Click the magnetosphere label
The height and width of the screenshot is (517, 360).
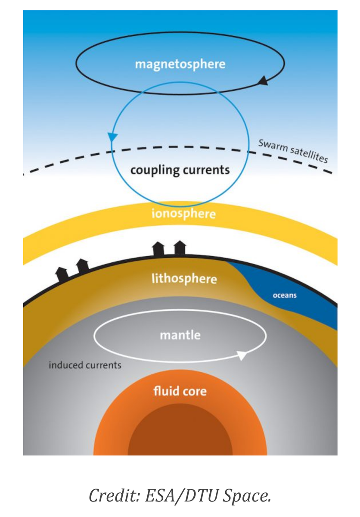180,64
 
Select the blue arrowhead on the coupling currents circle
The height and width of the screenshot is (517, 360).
112,137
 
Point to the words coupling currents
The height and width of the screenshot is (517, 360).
180,171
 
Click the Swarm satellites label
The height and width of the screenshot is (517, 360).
293,151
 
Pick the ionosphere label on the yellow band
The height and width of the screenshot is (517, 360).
184,214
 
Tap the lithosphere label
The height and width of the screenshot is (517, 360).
184,279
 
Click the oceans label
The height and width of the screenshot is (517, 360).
285,296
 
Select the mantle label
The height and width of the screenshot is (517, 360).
180,335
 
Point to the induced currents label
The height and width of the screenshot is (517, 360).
85,365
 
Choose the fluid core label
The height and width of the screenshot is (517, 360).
180,391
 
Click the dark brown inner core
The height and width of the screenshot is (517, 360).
180,434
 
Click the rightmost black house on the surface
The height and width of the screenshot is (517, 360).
180,247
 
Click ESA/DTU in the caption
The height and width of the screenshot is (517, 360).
181,495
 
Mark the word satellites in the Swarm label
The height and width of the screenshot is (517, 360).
309,155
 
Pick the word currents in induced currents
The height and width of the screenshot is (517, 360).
103,366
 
